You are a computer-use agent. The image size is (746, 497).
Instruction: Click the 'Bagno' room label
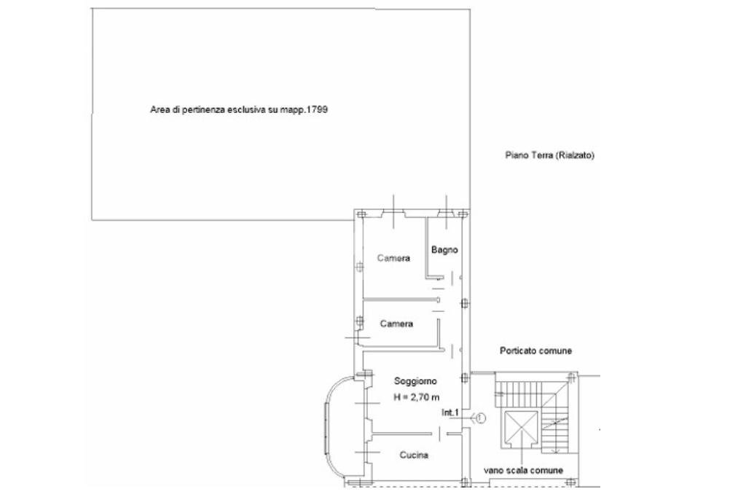tap(444, 250)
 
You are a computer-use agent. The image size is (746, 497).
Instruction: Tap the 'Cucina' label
tap(414, 455)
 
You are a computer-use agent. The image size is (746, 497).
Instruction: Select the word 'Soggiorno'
tap(415, 381)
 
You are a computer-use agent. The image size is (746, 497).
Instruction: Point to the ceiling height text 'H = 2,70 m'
tap(415, 396)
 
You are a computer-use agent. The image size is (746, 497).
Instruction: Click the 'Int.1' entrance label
tap(449, 412)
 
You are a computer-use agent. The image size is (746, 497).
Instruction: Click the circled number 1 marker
tap(480, 418)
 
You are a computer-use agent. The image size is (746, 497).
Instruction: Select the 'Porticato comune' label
tap(535, 351)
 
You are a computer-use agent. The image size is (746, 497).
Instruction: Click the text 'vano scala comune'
tap(523, 471)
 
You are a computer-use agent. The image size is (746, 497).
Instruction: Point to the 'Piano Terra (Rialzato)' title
tap(550, 155)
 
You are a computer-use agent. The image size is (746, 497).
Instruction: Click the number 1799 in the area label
tap(325, 110)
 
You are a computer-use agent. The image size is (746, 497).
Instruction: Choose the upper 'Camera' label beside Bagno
tap(393, 259)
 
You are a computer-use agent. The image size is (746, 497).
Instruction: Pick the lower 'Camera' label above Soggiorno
tap(397, 324)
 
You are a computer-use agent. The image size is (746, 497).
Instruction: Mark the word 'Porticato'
tap(518, 351)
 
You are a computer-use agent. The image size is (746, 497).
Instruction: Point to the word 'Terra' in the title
tap(540, 155)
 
